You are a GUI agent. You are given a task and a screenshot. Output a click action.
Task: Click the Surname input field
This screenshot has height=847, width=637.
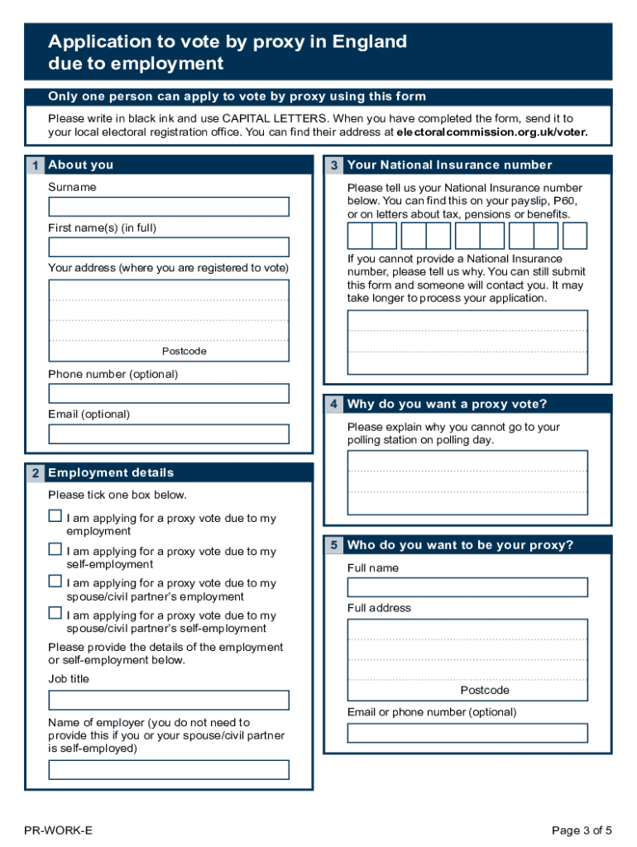point(169,207)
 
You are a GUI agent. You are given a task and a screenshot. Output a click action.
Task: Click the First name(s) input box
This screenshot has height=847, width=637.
point(169,247)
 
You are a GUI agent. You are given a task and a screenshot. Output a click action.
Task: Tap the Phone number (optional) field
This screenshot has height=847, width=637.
point(169,393)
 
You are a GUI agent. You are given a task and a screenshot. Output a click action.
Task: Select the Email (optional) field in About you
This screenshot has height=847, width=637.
point(169,434)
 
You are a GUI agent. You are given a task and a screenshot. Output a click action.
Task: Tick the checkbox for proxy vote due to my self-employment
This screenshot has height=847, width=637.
point(55,549)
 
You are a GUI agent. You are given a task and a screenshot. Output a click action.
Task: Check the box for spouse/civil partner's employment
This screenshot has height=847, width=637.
point(55,581)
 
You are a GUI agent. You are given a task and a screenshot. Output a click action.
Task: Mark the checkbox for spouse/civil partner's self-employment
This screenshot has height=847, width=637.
point(55,613)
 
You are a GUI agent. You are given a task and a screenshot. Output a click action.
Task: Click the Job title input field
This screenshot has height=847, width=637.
point(169,701)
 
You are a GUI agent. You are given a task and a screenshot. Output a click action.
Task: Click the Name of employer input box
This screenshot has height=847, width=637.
point(169,770)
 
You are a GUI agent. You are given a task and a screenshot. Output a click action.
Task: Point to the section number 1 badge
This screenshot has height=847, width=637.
point(35,165)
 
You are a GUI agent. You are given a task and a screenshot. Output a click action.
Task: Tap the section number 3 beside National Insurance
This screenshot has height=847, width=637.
point(333,165)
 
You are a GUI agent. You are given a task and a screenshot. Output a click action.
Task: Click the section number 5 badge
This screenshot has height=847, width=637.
point(333,545)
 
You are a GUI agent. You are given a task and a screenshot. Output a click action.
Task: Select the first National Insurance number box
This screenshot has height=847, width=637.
point(360,237)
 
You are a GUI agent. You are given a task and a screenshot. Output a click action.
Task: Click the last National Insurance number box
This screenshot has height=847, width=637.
point(575,237)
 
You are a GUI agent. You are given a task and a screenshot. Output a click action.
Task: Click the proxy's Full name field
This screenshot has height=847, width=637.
point(467,587)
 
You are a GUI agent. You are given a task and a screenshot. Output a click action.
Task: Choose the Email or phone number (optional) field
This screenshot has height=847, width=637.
point(467,733)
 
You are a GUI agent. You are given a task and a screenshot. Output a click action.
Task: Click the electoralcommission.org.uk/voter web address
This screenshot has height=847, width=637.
point(492,132)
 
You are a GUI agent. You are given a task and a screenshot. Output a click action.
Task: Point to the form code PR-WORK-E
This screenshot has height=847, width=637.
point(59,830)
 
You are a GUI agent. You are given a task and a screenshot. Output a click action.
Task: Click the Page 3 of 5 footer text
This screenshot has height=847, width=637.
point(582,830)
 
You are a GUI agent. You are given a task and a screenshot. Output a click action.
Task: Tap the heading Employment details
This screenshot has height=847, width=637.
point(111,473)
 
